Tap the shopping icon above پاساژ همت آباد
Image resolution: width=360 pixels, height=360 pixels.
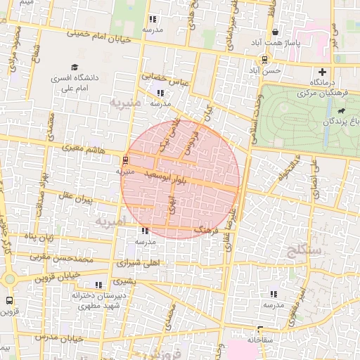click(x=275, y=32)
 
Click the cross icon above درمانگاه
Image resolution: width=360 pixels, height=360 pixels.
click(x=323, y=72)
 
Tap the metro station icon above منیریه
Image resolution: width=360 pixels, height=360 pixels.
click(x=125, y=160)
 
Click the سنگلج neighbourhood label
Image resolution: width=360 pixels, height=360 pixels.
click(x=304, y=250)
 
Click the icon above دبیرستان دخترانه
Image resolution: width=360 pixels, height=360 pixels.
click(x=98, y=285)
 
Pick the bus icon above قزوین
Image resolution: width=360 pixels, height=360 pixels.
click(x=9, y=300)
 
